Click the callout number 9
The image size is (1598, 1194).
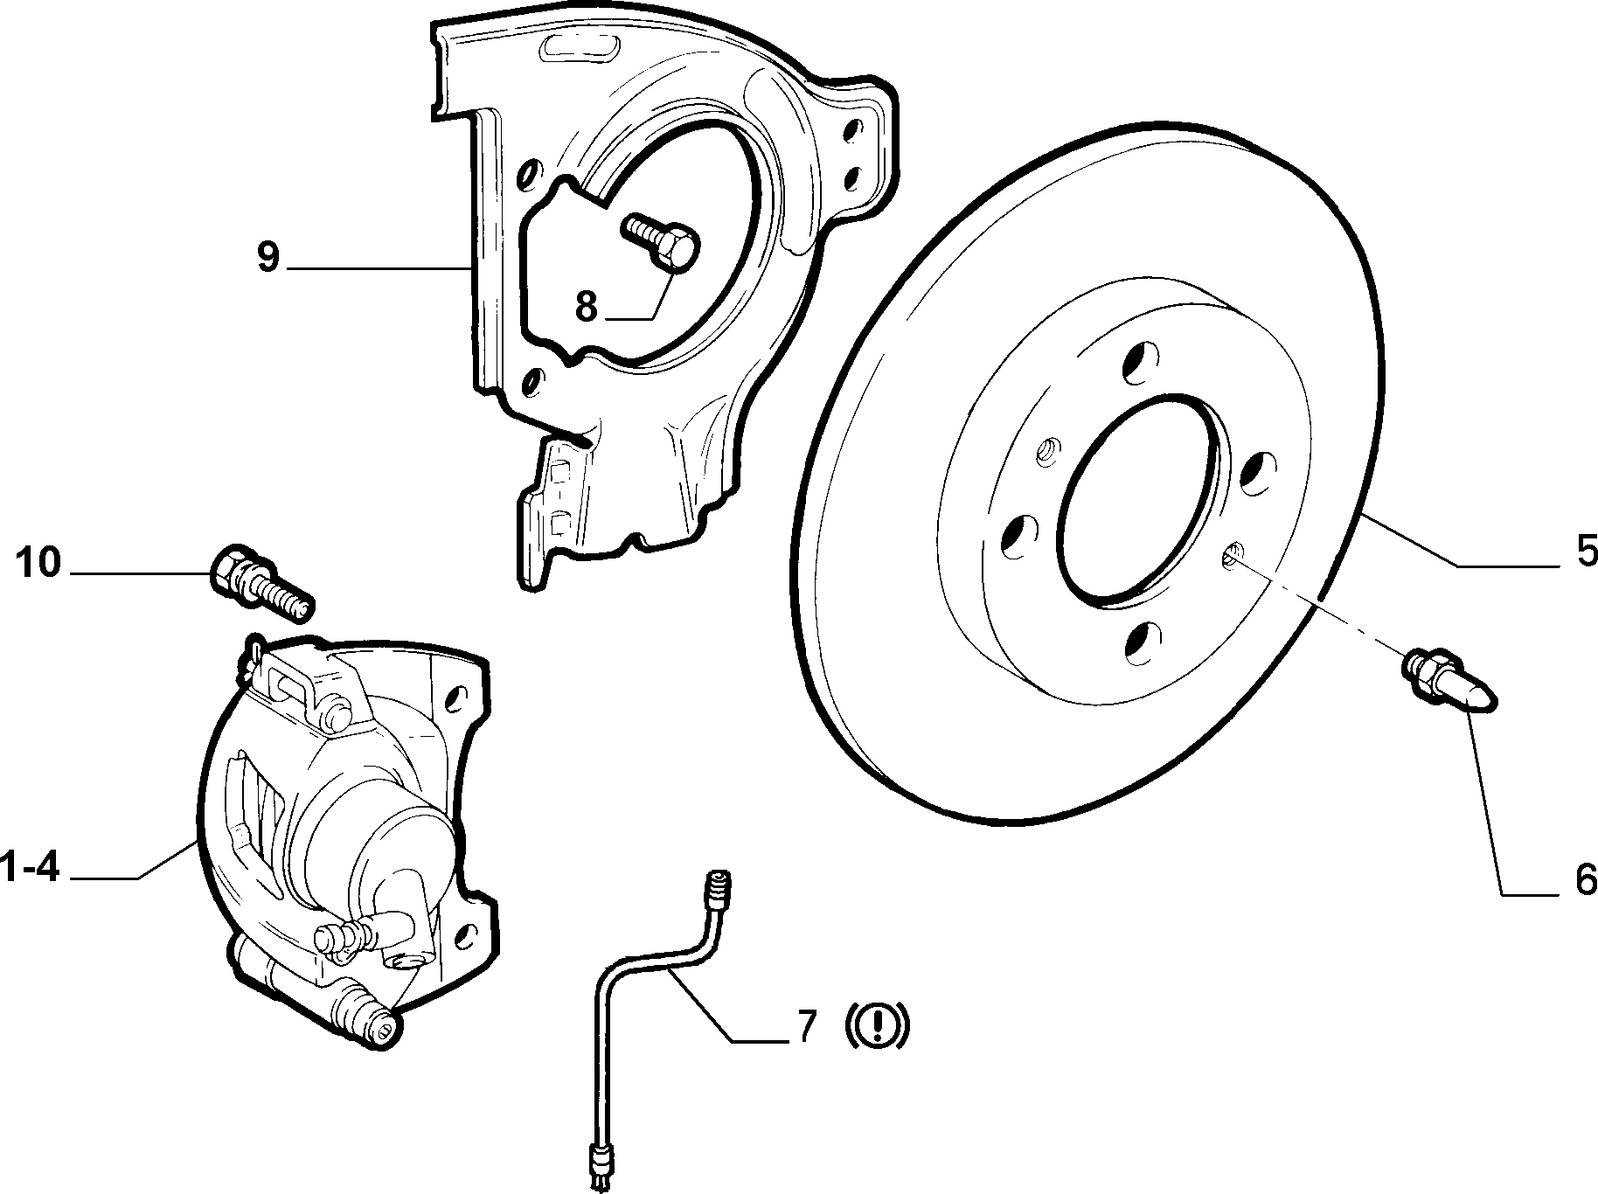point(267,257)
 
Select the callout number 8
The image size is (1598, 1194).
point(586,306)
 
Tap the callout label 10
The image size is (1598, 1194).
point(38,562)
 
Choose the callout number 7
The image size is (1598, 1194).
point(806,1027)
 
